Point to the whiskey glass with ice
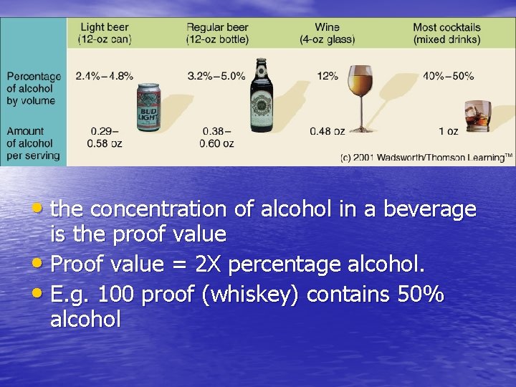click(x=477, y=115)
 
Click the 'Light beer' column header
click(x=105, y=33)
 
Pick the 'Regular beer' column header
click(x=217, y=33)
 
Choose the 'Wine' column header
click(x=327, y=33)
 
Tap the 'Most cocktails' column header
click(x=446, y=33)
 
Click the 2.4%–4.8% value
click(x=105, y=76)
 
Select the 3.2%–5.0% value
click(x=216, y=76)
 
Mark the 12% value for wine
click(x=328, y=76)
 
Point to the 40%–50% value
click(x=449, y=76)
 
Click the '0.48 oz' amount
click(x=328, y=131)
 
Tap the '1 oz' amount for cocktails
click(x=448, y=131)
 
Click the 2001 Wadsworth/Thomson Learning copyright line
click(x=426, y=156)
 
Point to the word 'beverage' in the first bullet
click(x=430, y=209)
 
